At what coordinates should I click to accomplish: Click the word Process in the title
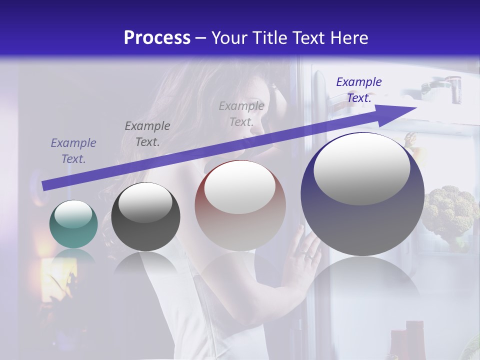point(157,37)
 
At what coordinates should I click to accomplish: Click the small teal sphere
point(73,224)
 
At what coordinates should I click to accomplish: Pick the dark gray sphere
point(145,217)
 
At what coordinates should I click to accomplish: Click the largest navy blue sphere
point(362,195)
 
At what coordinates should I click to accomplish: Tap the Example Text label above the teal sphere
point(73,151)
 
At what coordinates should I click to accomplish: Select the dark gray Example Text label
point(147,134)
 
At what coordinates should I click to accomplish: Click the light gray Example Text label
point(241,113)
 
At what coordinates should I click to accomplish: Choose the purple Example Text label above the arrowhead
point(359,90)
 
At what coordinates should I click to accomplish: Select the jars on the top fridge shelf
point(440,87)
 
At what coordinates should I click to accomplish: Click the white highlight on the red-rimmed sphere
point(240,187)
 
